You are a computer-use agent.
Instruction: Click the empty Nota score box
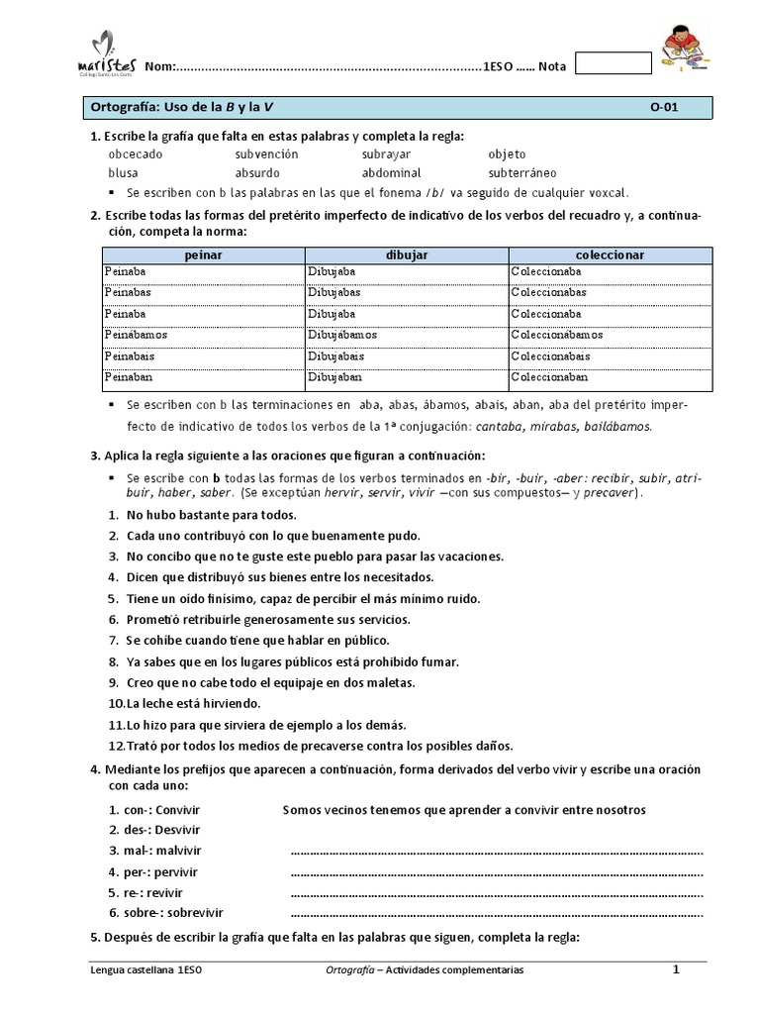click(x=613, y=63)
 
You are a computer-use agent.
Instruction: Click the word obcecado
click(x=136, y=154)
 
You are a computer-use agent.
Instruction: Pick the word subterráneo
click(x=522, y=172)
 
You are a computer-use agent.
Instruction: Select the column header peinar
click(x=203, y=254)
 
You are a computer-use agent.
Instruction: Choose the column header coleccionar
click(x=610, y=254)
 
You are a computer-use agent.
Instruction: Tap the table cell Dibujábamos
click(x=341, y=335)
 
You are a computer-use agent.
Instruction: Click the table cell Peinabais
click(x=129, y=355)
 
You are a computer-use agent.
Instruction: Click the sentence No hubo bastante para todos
click(x=211, y=515)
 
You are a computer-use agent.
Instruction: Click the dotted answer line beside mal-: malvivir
click(x=496, y=852)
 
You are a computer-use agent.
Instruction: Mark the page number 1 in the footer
click(x=676, y=970)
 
